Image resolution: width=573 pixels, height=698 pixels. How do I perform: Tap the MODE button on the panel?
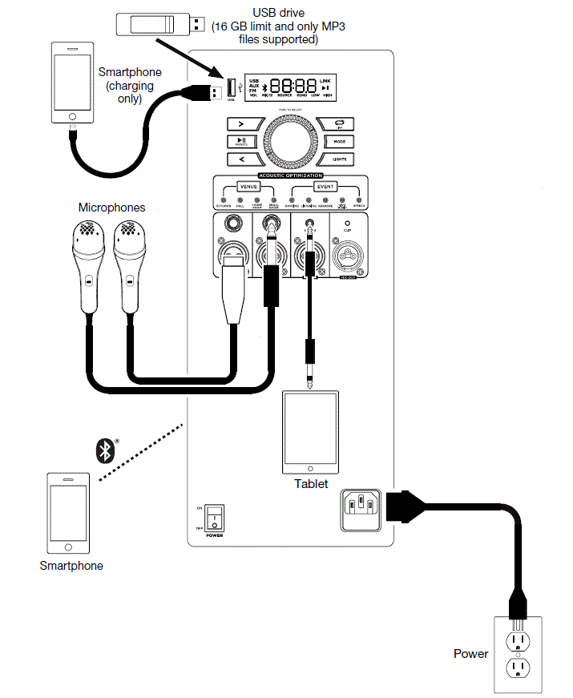click(x=339, y=141)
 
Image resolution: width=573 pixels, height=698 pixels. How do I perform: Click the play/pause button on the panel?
click(x=240, y=141)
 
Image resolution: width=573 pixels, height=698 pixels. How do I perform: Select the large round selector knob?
click(x=289, y=141)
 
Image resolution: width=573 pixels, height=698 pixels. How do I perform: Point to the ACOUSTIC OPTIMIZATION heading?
click(x=290, y=174)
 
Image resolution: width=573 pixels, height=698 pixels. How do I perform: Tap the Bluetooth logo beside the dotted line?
click(x=103, y=450)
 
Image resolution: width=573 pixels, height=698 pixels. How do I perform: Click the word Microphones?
click(x=111, y=208)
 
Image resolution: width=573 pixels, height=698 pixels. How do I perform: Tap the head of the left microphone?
click(x=89, y=236)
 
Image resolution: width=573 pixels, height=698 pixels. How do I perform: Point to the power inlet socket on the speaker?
click(x=359, y=506)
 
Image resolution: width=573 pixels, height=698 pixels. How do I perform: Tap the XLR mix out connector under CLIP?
click(x=348, y=258)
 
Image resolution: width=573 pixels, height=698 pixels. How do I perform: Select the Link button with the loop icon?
click(x=339, y=123)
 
